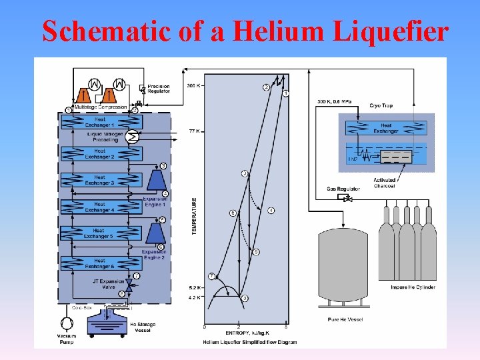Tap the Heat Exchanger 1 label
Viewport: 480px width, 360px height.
pos(100,122)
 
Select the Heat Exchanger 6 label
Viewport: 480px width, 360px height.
pos(99,263)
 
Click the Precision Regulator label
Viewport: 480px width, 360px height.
pos(159,89)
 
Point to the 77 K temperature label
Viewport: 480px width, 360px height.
pos(195,130)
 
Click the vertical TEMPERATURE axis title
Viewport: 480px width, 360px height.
pos(195,215)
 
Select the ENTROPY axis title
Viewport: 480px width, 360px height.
pos(247,332)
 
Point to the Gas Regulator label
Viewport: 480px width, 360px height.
pos(340,189)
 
